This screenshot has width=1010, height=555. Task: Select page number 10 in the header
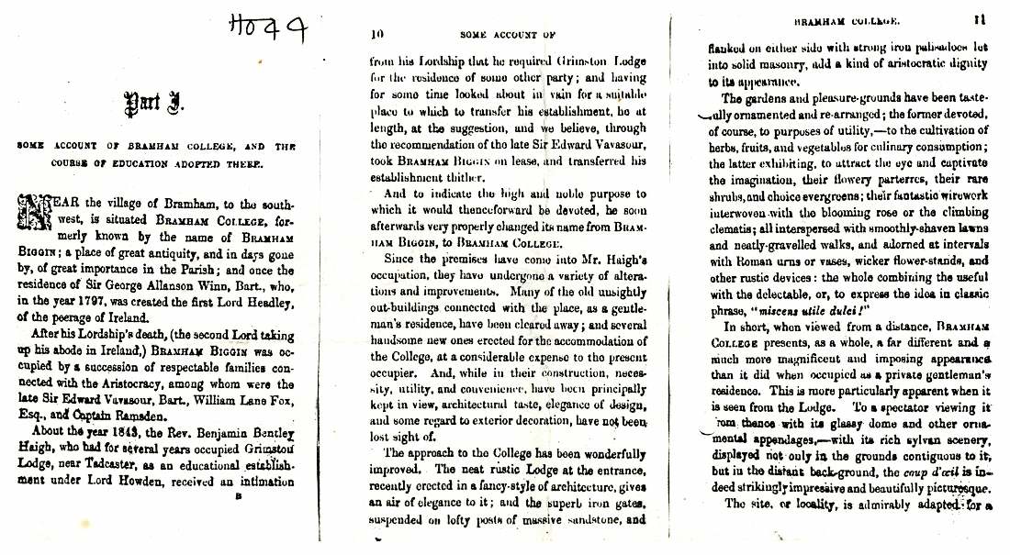click(x=376, y=34)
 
